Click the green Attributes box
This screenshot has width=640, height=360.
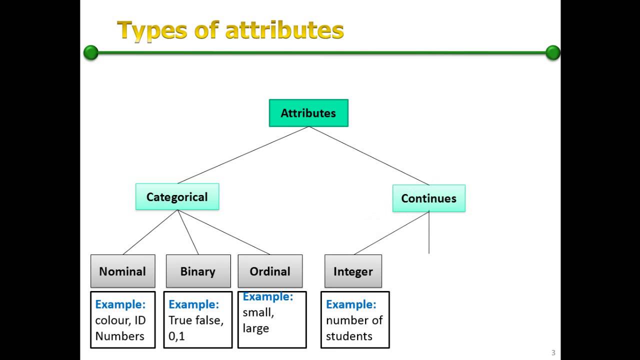pyautogui.click(x=308, y=113)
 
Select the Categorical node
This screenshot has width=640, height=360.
pyautogui.click(x=177, y=196)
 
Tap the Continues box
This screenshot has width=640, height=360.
pyautogui.click(x=428, y=198)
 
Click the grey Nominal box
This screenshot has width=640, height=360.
pyautogui.click(x=122, y=271)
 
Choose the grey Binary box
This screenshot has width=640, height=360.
pyautogui.click(x=198, y=271)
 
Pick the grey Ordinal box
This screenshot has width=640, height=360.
pyautogui.click(x=270, y=271)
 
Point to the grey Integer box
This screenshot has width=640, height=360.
pyautogui.click(x=353, y=271)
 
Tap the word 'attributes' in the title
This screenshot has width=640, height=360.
pyautogui.click(x=284, y=30)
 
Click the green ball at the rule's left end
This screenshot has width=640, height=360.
pyautogui.click(x=91, y=52)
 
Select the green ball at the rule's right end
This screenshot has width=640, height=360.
pyautogui.click(x=553, y=52)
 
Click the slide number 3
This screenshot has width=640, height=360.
pyautogui.click(x=553, y=352)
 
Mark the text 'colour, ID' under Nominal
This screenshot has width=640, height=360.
pyautogui.click(x=120, y=320)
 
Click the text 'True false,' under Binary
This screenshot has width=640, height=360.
pyautogui.click(x=196, y=320)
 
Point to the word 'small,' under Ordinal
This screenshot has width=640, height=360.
pyautogui.click(x=258, y=312)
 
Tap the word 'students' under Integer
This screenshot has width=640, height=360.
pyautogui.click(x=349, y=336)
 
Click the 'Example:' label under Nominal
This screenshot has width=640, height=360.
pyautogui.click(x=120, y=304)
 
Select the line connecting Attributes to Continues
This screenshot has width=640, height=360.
pyautogui.click(x=369, y=156)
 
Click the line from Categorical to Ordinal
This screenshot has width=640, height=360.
pyautogui.click(x=223, y=232)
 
